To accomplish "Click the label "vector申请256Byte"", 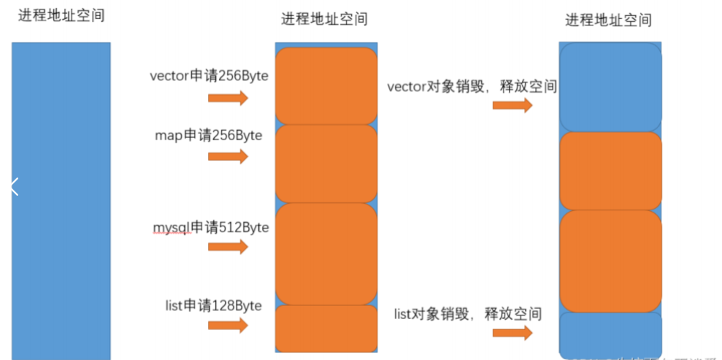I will pos(209,76).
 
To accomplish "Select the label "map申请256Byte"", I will pos(209,135).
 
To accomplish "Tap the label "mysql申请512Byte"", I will pos(210,227).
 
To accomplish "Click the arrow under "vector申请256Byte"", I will pos(228,99).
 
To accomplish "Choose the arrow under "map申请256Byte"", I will pos(228,156).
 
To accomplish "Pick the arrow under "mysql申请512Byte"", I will pos(228,247).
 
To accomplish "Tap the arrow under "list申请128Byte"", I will pos(228,325).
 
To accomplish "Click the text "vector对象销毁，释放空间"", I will pos(472,87).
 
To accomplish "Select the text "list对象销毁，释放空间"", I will pos(467,314).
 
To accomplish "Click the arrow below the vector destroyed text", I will pos(512,105).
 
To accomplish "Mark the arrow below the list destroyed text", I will pos(512,333).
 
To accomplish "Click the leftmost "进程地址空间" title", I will pos(61,15).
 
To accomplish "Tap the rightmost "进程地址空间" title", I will pos(609,20).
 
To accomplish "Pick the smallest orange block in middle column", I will pos(326,328).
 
